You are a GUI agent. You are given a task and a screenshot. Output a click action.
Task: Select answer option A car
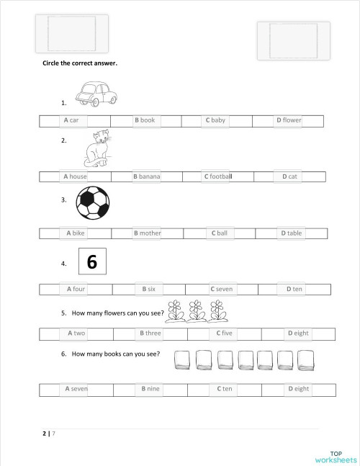coord(71,120)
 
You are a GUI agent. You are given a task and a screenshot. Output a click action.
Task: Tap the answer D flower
coord(289,120)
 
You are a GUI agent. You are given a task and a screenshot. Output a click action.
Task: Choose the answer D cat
coord(289,176)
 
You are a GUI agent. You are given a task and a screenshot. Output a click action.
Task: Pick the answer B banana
coord(146,176)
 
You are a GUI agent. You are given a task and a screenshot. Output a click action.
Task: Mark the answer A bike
coord(76,233)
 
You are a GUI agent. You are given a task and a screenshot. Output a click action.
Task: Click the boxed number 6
coord(91,262)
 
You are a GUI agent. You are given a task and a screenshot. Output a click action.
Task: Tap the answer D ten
coord(294,289)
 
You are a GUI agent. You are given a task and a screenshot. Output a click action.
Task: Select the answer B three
coord(150,333)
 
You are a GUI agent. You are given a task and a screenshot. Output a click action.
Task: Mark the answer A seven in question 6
coord(76,389)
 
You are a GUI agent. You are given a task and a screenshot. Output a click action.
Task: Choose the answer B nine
coord(150,389)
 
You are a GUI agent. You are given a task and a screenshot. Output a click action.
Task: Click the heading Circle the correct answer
coord(80,63)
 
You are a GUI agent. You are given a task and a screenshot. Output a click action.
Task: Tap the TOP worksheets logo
coord(336,457)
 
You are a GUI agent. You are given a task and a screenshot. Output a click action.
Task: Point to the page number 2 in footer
coord(45,434)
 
